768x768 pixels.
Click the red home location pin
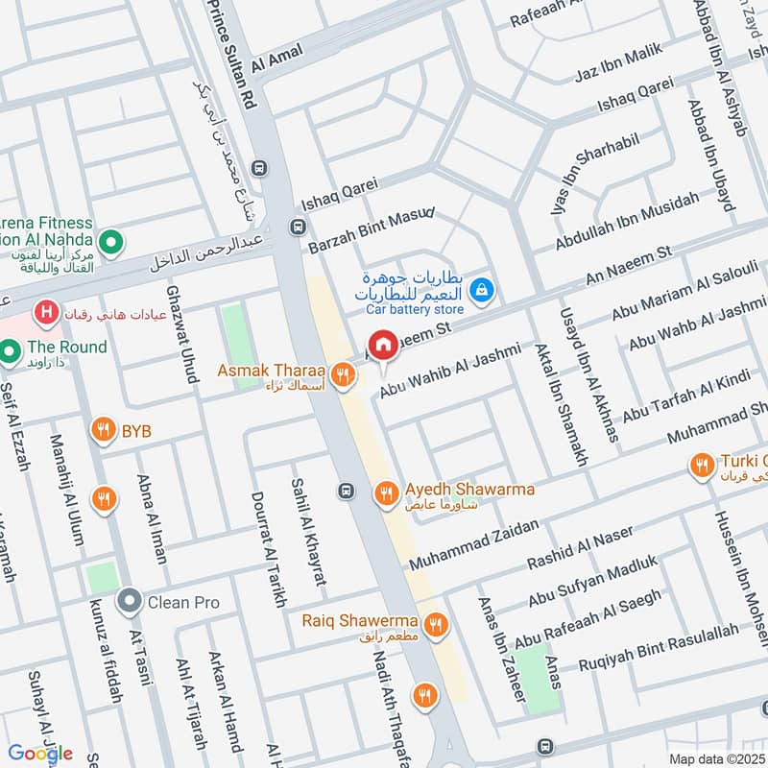point(383,345)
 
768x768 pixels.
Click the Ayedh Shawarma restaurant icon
point(385,492)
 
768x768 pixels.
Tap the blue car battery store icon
point(483,287)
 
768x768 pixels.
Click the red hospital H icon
point(43,312)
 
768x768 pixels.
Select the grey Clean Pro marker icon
point(129,602)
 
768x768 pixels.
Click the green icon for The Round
point(12,351)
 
